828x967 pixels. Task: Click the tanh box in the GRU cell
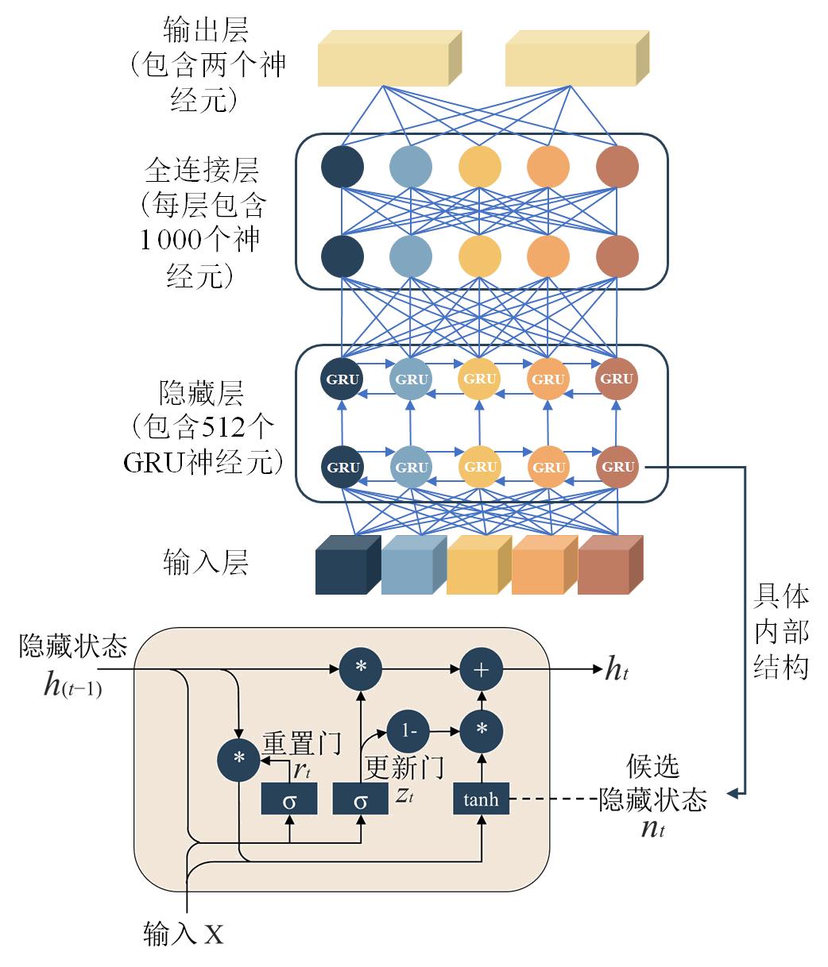[481, 799]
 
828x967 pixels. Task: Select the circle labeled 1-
[408, 731]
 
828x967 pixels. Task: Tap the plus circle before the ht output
[482, 669]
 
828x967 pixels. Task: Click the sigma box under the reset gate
[289, 799]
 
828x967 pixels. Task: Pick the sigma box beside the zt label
[360, 799]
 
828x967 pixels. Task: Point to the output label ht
[617, 668]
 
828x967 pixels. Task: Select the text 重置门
[302, 742]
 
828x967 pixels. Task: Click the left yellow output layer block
[389, 59]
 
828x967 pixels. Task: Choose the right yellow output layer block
[577, 59]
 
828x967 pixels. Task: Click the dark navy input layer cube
[348, 564]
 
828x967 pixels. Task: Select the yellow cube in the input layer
[479, 564]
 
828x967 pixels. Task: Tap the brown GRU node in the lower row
[617, 466]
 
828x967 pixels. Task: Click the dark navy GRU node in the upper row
[342, 379]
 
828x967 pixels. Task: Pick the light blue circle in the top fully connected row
[411, 167]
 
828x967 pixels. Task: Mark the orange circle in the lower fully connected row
[548, 256]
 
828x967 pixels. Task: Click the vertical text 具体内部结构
[781, 632]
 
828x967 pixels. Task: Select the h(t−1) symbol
[72, 684]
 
